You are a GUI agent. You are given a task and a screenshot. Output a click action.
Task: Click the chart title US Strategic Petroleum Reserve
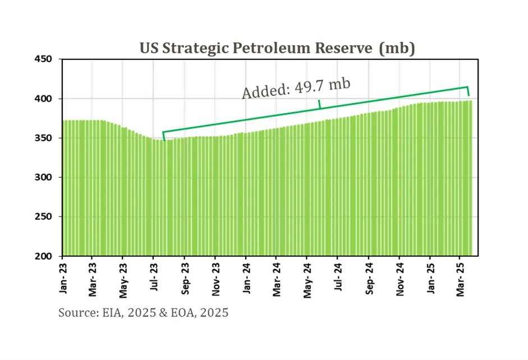pos(256,48)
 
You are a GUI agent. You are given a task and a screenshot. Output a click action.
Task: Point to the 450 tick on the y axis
pos(43,59)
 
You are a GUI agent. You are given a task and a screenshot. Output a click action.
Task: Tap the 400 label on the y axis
pos(43,99)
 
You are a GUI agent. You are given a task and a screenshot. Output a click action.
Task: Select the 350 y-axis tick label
pos(43,138)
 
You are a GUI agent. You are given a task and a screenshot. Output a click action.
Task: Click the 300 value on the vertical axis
pos(43,177)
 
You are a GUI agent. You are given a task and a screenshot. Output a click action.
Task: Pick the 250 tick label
pos(43,216)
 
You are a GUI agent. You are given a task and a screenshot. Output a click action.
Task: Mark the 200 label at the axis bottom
pos(43,256)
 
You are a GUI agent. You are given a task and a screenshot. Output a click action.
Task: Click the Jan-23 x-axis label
pos(63,278)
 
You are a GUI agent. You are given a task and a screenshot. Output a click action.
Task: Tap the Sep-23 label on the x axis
pos(185,279)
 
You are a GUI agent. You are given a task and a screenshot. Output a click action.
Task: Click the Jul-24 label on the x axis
pos(338,277)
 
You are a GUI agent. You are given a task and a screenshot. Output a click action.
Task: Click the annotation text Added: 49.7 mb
pos(296,89)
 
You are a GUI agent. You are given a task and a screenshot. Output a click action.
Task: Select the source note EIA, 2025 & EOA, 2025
pos(166,313)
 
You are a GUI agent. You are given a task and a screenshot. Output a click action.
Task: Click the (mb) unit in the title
pos(397,48)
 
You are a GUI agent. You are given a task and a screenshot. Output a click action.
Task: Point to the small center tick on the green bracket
pos(320,104)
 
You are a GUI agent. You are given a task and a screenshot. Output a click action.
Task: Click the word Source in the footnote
pos(79,313)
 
